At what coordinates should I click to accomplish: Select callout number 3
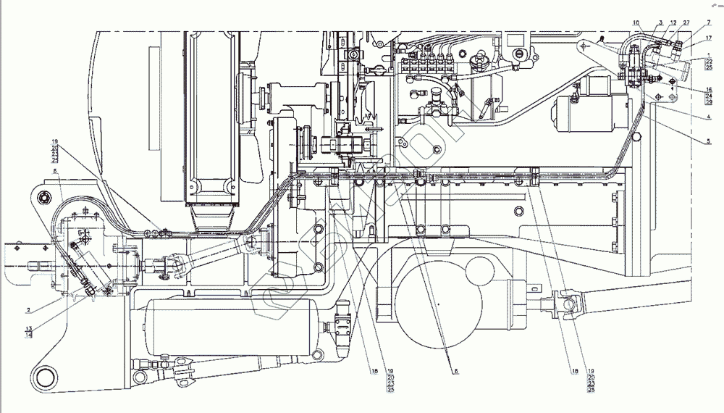click(661, 24)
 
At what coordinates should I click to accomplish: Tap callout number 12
click(673, 24)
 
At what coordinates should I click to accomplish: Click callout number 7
click(709, 22)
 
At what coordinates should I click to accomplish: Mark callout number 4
click(709, 117)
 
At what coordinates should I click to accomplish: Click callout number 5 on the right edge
click(709, 141)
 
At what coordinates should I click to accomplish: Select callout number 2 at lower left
click(28, 310)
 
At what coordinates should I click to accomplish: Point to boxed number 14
click(28, 335)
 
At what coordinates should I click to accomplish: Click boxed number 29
click(709, 103)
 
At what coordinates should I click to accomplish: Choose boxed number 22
click(709, 61)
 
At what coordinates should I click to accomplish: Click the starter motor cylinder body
click(583, 116)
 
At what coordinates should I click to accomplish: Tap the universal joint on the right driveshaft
click(559, 302)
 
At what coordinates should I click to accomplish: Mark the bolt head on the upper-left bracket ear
click(46, 198)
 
